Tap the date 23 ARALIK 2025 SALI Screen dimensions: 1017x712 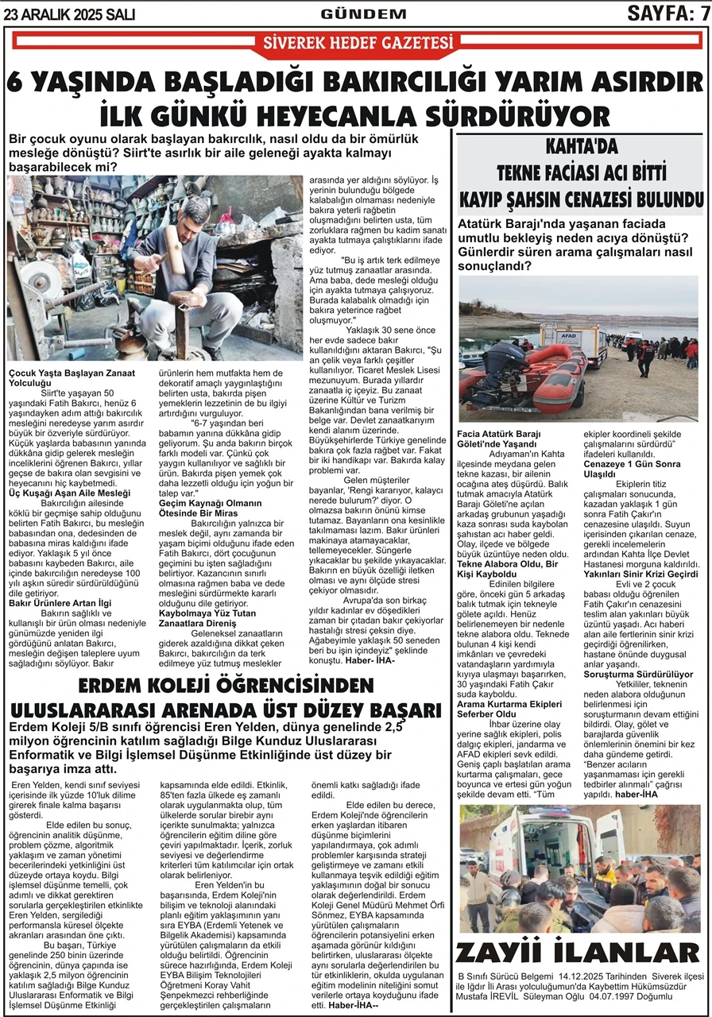[x=70, y=14]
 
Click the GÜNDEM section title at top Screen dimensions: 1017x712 [x=362, y=14]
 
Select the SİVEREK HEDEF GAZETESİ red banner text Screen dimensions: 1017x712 [x=358, y=43]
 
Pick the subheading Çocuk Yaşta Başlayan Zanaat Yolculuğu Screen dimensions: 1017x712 [x=72, y=377]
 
